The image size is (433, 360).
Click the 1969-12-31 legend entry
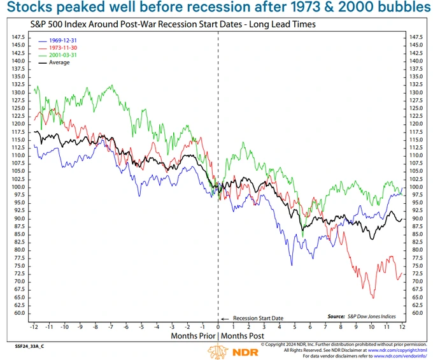coord(55,40)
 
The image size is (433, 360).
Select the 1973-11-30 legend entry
coord(55,48)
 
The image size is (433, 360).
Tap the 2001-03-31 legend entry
coord(55,55)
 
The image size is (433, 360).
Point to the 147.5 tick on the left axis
coord(18,38)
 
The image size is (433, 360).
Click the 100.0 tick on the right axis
coord(415,187)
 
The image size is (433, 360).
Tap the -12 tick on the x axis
coord(33,326)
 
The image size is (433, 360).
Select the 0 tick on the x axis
coord(218,326)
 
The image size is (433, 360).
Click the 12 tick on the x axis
coord(402,326)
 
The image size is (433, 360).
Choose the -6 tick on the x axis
coord(125,326)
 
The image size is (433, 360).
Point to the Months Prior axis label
coord(192,335)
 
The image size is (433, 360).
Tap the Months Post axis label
coord(243,335)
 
